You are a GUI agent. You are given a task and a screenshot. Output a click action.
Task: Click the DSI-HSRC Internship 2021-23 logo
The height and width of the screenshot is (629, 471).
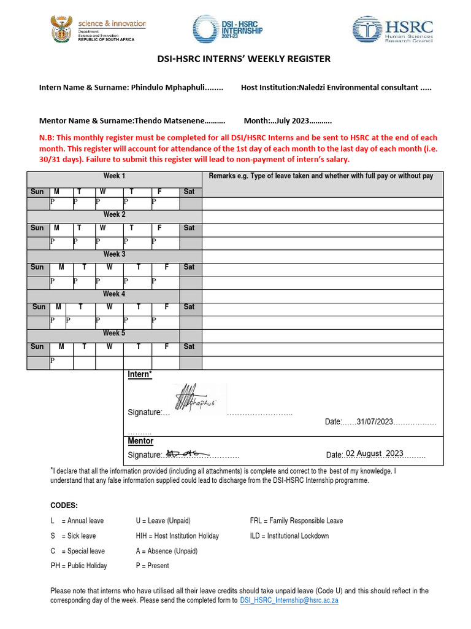(228, 31)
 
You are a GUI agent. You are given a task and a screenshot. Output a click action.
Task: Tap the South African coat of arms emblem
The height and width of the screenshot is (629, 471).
(62, 29)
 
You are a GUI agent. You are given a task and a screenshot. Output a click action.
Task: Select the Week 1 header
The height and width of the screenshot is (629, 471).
(114, 176)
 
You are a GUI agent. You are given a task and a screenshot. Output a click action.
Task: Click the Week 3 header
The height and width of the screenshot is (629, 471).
(114, 254)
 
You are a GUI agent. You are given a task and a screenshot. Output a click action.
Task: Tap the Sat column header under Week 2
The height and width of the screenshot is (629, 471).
(189, 228)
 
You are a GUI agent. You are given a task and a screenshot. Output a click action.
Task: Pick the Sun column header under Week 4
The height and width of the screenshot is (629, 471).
(39, 307)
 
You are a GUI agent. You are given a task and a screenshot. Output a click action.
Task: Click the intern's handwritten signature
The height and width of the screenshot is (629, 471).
(195, 398)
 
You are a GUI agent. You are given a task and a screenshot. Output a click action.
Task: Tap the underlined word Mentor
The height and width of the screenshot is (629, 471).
(140, 441)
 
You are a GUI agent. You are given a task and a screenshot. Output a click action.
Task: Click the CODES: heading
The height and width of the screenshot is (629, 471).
(64, 506)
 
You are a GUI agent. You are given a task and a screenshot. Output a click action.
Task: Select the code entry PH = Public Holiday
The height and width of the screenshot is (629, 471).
(78, 566)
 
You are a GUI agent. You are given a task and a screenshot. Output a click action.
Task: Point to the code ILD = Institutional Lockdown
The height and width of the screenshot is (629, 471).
(289, 536)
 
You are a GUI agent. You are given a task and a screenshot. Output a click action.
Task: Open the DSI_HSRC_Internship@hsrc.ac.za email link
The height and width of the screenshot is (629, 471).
(289, 600)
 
